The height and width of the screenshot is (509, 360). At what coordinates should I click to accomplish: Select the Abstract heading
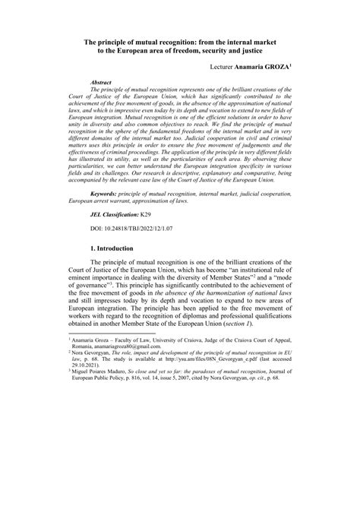(x=101, y=81)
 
